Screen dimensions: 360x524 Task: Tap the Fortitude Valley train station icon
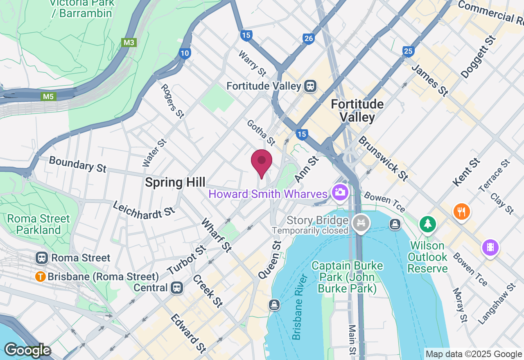coord(310,86)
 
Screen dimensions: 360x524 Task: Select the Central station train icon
coord(177,288)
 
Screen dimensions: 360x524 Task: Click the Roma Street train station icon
coord(41,258)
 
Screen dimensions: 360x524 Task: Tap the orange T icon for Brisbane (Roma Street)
coord(41,277)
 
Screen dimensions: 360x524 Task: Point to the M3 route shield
coord(129,43)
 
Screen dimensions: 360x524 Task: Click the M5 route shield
coord(48,97)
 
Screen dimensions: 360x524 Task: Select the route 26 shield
coord(309,39)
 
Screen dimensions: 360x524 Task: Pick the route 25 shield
coord(408,51)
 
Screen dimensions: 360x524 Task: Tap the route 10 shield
coord(185,53)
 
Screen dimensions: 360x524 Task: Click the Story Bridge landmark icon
coord(361,223)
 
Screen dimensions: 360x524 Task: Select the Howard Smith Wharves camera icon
coord(339,191)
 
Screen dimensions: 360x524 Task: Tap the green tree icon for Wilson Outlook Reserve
coord(428,223)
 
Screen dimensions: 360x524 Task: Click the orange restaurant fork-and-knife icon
coord(461,211)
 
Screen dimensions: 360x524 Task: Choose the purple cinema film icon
coord(490,248)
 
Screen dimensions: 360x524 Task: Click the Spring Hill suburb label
coord(175,182)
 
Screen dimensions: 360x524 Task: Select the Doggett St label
coord(478,57)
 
